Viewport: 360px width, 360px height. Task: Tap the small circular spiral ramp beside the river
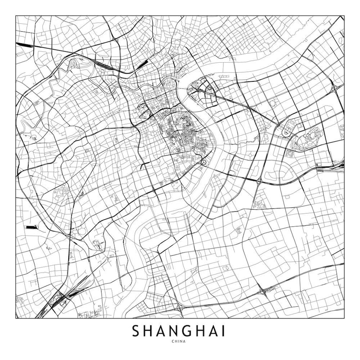tap(203, 162)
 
